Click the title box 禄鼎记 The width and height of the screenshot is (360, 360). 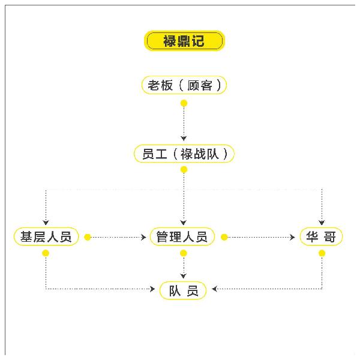click(x=184, y=41)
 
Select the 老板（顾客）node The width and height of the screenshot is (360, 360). click(x=184, y=85)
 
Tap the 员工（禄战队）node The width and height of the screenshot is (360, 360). click(x=184, y=154)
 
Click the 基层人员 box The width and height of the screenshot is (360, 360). click(x=46, y=237)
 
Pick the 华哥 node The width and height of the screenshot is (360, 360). click(x=322, y=237)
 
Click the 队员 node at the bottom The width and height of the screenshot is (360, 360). click(x=184, y=290)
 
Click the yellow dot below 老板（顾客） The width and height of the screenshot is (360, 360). click(x=184, y=103)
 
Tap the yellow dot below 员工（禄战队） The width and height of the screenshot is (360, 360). click(x=184, y=170)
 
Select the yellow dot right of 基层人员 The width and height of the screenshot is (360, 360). click(x=88, y=238)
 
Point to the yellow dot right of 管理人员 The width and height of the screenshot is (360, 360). click(x=224, y=238)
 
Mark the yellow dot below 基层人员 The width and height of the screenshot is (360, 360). click(x=46, y=253)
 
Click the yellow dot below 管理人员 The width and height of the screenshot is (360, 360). click(x=184, y=253)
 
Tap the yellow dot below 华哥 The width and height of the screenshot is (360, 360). click(x=322, y=253)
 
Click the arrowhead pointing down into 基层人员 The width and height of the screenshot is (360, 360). click(x=46, y=221)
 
